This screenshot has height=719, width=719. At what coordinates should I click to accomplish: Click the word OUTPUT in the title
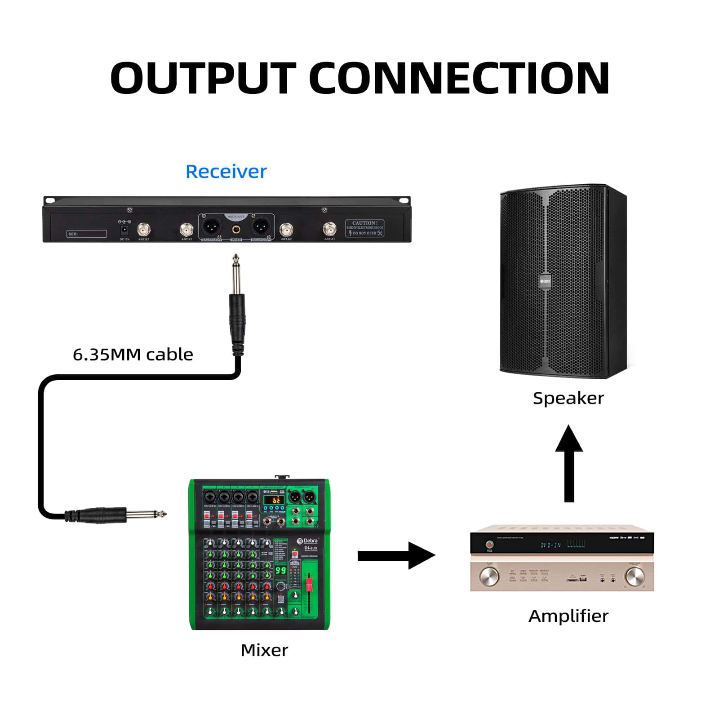click(x=203, y=78)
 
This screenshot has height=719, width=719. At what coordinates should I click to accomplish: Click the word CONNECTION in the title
click(x=459, y=78)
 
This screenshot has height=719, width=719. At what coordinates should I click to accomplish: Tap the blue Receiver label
click(x=226, y=172)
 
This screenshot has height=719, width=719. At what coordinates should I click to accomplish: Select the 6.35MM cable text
click(x=133, y=355)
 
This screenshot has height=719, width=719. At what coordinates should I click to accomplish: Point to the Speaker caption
click(x=568, y=398)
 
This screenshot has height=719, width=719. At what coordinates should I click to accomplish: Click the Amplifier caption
click(x=568, y=616)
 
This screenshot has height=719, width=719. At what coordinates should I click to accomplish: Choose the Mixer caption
click(x=264, y=650)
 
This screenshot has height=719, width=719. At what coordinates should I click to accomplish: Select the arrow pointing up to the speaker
click(x=569, y=463)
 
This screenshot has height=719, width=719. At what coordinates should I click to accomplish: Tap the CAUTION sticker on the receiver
click(x=364, y=228)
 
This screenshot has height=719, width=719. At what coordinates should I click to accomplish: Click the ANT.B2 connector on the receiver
click(x=144, y=231)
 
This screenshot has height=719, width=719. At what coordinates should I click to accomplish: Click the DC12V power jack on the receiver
click(x=124, y=231)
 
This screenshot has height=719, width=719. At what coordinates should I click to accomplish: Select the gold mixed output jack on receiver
click(x=236, y=230)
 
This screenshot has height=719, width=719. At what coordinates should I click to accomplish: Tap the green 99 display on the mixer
click(x=281, y=570)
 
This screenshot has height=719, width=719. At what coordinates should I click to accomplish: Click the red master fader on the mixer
click(x=309, y=584)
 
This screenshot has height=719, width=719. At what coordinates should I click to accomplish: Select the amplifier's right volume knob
click(x=634, y=576)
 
